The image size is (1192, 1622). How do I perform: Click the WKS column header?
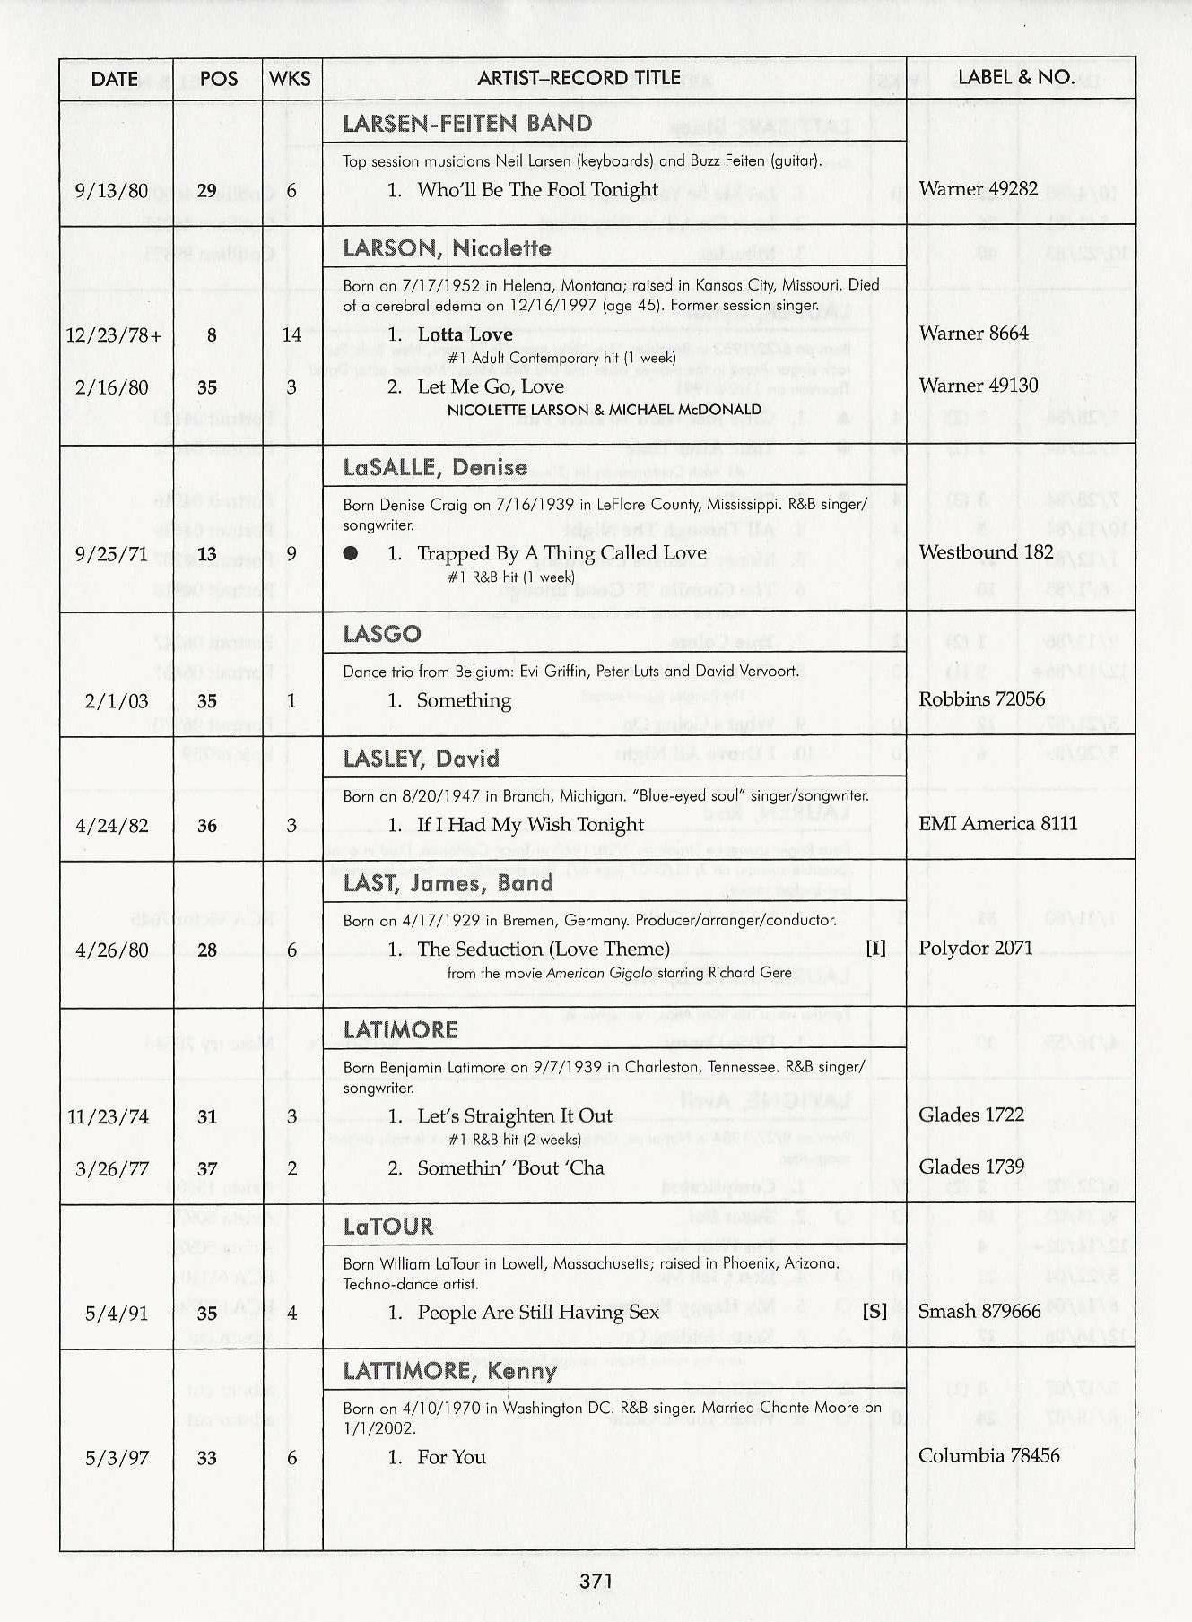290,79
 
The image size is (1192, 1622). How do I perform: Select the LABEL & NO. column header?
1016,77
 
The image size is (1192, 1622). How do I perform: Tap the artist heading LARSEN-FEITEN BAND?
467,123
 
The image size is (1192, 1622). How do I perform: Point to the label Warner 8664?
973,334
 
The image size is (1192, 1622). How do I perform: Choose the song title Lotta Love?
465,334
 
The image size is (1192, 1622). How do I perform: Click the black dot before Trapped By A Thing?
351,553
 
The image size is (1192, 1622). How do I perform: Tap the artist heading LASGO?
382,634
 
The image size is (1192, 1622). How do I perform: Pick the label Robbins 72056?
981,699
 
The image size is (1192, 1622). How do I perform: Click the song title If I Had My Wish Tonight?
530,825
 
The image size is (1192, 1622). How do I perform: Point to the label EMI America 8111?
997,824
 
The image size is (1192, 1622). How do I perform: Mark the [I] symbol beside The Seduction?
875,949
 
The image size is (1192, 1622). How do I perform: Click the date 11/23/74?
108,1117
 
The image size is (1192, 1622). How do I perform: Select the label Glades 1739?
972,1167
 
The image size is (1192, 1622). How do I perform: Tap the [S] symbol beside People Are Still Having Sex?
874,1312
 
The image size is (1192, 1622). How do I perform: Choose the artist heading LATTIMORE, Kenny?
449,1371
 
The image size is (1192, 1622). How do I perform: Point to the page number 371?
596,1580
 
